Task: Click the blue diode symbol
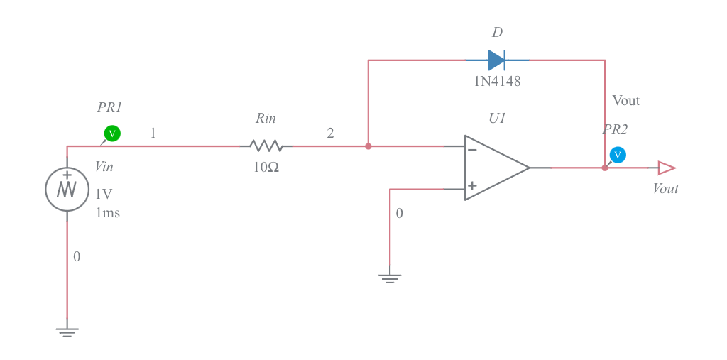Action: coord(496,60)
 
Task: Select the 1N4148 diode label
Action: coord(497,82)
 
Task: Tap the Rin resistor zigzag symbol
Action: coord(266,146)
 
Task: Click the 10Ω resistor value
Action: coord(266,168)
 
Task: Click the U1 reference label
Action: coord(497,119)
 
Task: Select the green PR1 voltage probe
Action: coord(112,133)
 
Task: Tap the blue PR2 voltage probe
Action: coord(618,155)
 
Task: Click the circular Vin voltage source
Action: coord(67,189)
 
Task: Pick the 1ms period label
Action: coord(108,213)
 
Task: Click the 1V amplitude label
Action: coord(104,194)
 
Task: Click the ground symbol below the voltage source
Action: coord(67,332)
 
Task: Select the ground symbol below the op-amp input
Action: coord(389,278)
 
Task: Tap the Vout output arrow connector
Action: coord(666,168)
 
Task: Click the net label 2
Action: coord(330,133)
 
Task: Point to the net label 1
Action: coord(153,133)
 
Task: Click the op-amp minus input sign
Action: coord(472,150)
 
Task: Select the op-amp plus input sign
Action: coord(472,186)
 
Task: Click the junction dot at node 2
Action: coord(368,146)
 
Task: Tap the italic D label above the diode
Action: coord(497,33)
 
